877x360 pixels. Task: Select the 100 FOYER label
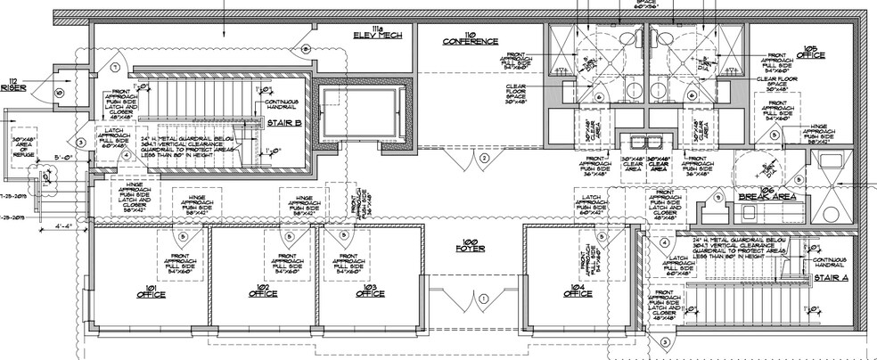tap(469, 244)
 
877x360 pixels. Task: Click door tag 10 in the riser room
tap(58, 92)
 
